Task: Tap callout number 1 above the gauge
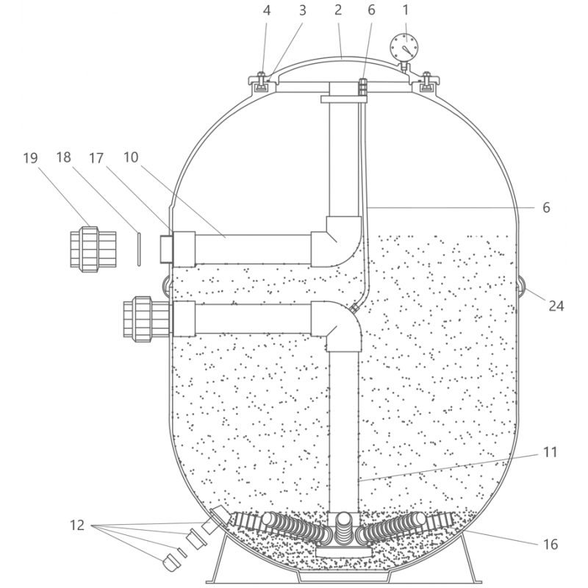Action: (x=406, y=10)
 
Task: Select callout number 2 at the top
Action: (x=338, y=10)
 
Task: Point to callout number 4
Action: (x=267, y=10)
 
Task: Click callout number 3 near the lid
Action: (x=303, y=10)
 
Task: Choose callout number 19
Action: (x=30, y=158)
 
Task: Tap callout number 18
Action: (x=63, y=157)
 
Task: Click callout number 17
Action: (x=96, y=158)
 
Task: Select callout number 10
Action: (x=131, y=157)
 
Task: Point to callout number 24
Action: (x=556, y=306)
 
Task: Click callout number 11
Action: (x=550, y=452)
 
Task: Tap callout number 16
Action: (x=550, y=544)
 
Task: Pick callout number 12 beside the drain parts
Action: (x=77, y=526)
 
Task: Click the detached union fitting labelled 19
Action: (x=93, y=249)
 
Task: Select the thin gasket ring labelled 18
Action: (x=139, y=249)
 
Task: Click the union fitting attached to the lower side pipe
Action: (x=147, y=320)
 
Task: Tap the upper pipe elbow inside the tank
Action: (x=337, y=241)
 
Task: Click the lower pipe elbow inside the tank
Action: (x=337, y=326)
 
